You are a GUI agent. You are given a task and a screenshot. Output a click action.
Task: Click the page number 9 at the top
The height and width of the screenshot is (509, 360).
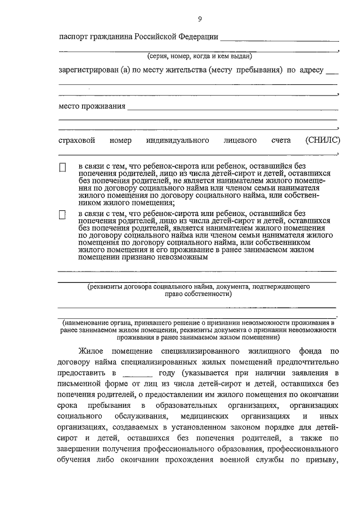click(x=199, y=19)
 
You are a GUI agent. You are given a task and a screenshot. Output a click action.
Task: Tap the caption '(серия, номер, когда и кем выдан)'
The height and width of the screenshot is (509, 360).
click(x=199, y=56)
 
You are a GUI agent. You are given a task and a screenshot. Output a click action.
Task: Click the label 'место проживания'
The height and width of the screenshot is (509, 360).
click(x=91, y=107)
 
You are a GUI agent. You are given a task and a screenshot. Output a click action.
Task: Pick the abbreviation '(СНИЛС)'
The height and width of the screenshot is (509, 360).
click(x=322, y=140)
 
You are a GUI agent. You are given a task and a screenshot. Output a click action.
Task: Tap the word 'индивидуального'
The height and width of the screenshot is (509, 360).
click(x=178, y=140)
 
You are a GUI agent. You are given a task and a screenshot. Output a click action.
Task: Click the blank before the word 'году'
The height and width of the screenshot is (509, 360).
click(x=137, y=373)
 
